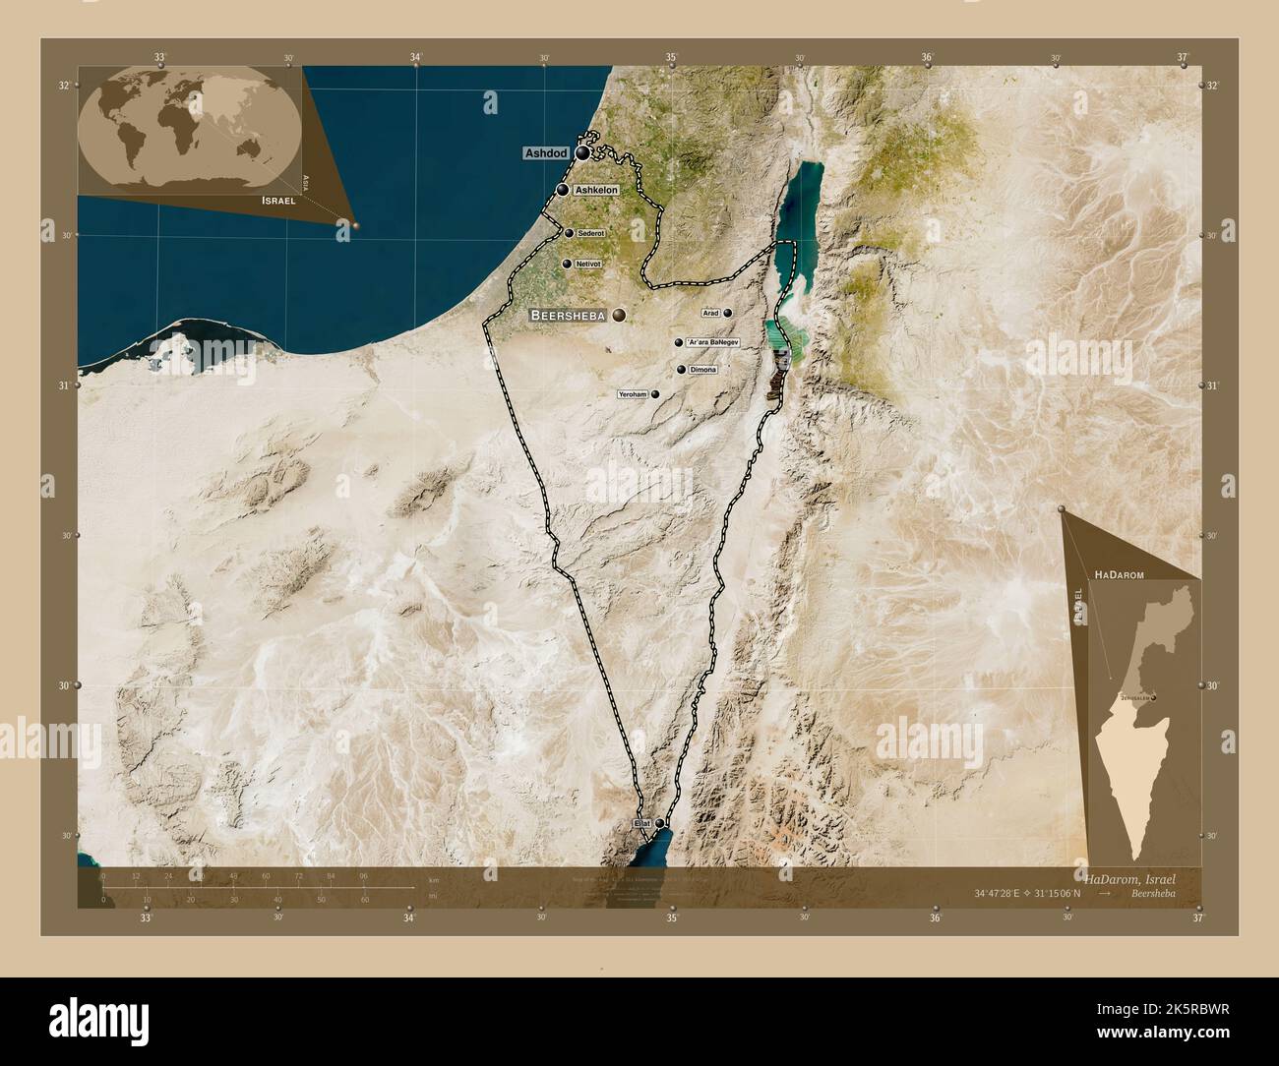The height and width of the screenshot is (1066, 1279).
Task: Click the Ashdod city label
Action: pos(547,153)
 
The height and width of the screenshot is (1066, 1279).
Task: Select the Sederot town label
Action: pos(590,233)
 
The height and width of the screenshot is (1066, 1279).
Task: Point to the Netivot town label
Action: pos(588,264)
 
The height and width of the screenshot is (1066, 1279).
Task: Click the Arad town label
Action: pos(710,313)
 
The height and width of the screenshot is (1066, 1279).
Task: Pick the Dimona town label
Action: pos(703,370)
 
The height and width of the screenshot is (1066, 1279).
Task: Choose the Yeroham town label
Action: pos(632,394)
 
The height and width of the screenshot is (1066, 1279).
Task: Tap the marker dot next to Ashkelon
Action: pos(562,190)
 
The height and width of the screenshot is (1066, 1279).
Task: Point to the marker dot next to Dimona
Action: pos(681,370)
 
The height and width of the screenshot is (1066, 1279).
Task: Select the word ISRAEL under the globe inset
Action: pos(278,200)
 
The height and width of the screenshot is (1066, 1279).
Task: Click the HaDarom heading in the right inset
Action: pos(1117,571)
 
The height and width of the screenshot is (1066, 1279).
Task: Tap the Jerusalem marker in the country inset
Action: pos(1153,698)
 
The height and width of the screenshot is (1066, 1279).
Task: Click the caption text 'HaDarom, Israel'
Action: pos(1129,876)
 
